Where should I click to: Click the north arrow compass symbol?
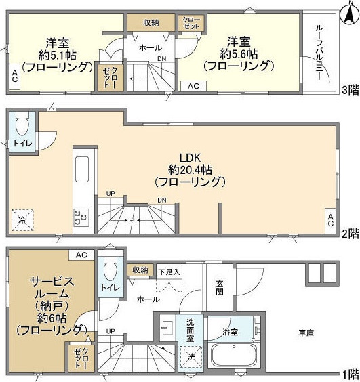click(x=348, y=8)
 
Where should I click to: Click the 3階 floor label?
click(x=349, y=89)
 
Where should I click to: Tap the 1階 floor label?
click(x=349, y=374)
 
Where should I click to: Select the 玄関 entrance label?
click(x=220, y=288)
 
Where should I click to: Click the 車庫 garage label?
click(x=306, y=333)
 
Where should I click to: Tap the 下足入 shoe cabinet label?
click(x=169, y=272)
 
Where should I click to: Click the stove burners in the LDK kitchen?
click(x=81, y=217)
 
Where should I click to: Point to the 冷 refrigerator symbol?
click(x=22, y=218)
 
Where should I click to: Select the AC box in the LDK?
click(x=330, y=219)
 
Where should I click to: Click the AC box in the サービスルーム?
click(x=81, y=255)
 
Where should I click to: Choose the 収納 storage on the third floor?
click(x=151, y=23)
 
